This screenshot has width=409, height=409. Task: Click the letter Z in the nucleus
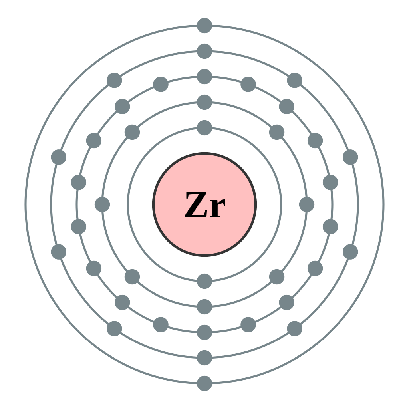click(196, 204)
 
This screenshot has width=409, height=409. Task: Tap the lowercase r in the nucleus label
click(218, 208)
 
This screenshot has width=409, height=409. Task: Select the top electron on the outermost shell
click(204, 26)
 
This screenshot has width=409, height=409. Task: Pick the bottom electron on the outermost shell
click(204, 383)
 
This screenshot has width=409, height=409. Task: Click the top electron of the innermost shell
click(204, 128)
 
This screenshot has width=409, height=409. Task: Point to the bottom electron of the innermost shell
click(204, 281)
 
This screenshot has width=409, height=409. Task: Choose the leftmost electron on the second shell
click(102, 204)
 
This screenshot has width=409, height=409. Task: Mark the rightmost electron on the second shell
click(307, 204)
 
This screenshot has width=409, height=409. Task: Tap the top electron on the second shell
click(204, 102)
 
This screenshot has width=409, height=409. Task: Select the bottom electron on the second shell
click(204, 307)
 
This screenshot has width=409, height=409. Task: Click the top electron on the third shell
click(204, 77)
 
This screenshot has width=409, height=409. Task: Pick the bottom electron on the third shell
click(204, 332)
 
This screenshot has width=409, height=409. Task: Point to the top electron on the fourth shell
click(204, 51)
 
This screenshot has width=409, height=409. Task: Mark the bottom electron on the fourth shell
click(204, 358)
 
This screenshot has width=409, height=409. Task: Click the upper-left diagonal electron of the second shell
click(132, 132)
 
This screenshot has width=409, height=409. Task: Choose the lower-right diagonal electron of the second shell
click(277, 277)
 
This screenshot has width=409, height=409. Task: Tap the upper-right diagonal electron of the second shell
click(277, 132)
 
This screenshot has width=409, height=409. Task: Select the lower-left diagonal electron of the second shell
click(132, 277)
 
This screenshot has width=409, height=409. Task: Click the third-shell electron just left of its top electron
click(161, 85)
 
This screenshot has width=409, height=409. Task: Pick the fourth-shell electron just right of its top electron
click(295, 80)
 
